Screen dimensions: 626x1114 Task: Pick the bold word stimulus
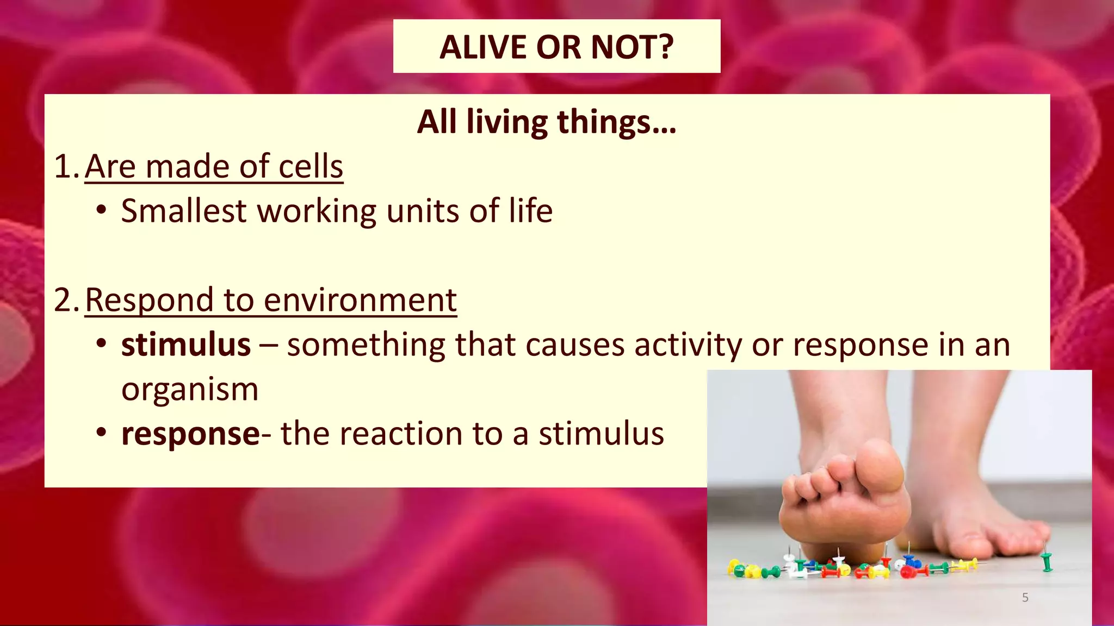point(185,345)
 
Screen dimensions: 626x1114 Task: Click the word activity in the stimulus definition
point(688,345)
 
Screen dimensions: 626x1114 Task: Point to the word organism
point(189,390)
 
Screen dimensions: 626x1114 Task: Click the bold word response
point(190,434)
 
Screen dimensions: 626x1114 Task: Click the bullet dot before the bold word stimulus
point(101,345)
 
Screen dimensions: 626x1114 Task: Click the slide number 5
point(1025,598)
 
